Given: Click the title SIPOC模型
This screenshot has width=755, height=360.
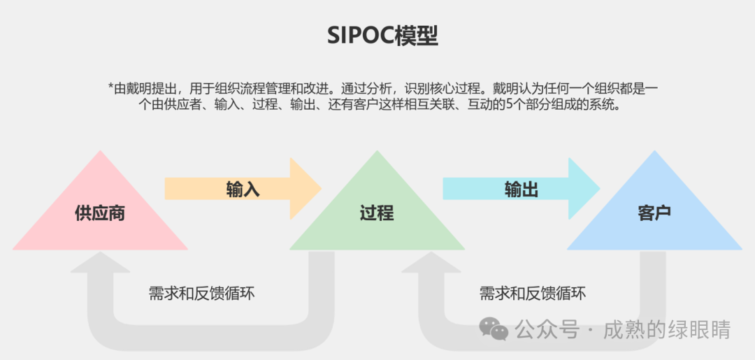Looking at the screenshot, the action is point(383,36).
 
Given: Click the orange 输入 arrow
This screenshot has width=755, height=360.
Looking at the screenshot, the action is point(243,189).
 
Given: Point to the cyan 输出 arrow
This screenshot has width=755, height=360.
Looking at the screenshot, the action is point(522,189).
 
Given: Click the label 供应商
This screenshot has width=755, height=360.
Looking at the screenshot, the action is point(100,213).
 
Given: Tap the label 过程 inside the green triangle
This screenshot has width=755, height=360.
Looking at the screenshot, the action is point(377,213).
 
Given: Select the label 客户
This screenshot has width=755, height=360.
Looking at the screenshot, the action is point(654,213).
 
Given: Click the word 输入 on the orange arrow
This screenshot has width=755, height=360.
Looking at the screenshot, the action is point(243,189).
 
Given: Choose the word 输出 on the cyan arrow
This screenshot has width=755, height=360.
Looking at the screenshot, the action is point(522,189).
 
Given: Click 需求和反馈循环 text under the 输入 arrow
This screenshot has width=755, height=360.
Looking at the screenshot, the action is point(202,294).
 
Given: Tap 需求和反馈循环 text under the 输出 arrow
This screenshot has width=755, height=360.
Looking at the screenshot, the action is point(533,294).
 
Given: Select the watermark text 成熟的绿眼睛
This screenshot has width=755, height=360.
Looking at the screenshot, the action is point(667,330).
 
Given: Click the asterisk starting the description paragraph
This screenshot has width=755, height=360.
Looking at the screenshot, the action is point(110,87).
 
